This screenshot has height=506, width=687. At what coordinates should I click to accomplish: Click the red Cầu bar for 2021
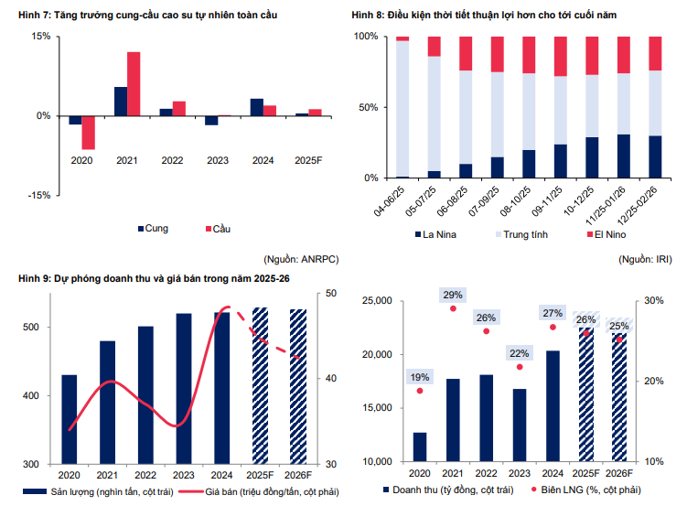(134, 83)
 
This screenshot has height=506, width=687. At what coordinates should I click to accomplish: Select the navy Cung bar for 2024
(257, 107)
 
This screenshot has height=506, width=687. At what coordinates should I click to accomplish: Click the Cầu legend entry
(217, 228)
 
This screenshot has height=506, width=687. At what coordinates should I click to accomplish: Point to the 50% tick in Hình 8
(365, 107)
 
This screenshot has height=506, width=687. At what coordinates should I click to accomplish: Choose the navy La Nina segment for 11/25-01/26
(624, 156)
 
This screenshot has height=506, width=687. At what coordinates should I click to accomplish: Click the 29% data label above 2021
(453, 295)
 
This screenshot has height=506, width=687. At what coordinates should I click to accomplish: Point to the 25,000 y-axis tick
(378, 301)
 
